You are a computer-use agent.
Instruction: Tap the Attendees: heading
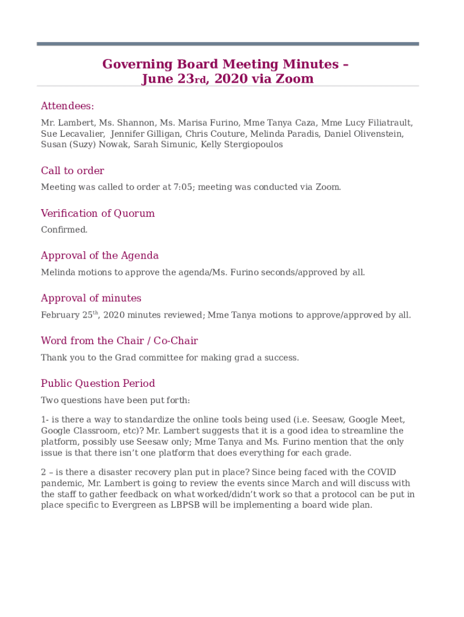[x=67, y=106]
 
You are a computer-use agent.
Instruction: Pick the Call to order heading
[x=72, y=171]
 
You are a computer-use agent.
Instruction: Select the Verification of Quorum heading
[x=98, y=213]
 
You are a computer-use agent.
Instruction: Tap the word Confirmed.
[x=64, y=230]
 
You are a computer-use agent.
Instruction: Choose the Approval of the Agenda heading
[x=99, y=255]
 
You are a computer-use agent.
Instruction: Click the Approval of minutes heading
[x=91, y=298]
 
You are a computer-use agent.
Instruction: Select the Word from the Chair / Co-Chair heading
[x=119, y=341]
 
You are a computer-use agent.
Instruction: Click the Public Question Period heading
[x=98, y=383]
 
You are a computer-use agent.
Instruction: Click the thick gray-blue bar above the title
[x=228, y=44]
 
